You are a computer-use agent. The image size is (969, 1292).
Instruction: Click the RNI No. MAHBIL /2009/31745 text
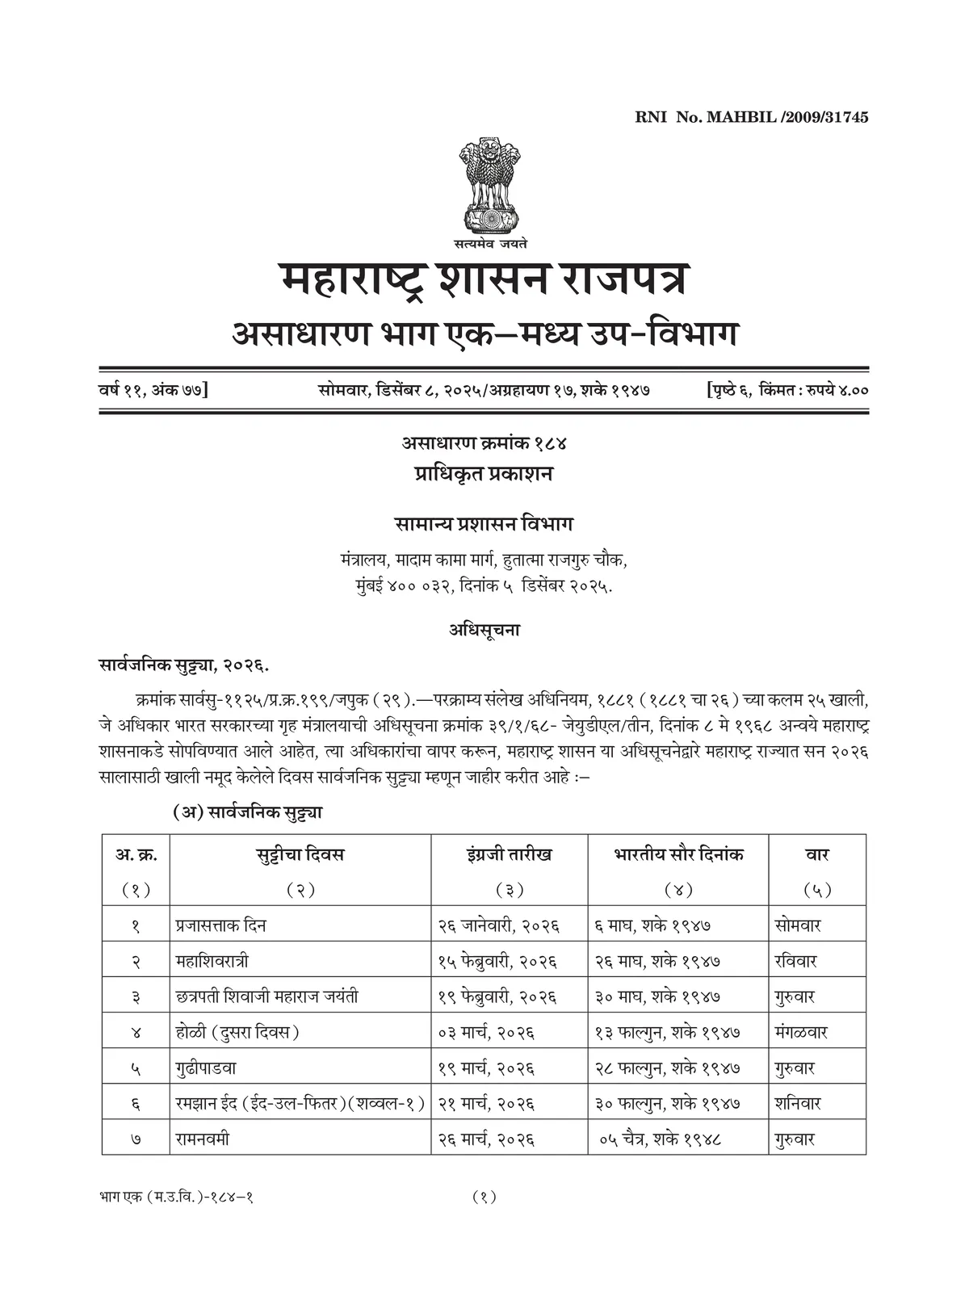751,118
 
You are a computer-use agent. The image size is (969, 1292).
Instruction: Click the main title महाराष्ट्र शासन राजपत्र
485,280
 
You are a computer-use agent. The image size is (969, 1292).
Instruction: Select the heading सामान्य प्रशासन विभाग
484,524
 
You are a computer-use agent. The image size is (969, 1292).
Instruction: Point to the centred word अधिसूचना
484,630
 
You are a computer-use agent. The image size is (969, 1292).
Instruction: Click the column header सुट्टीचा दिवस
300,854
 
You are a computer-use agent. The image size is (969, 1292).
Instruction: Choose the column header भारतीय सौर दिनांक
678,854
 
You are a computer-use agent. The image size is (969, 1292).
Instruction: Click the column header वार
817,854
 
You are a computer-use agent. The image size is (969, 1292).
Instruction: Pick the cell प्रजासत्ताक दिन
221,925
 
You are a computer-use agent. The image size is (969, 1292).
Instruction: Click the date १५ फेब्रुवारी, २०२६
499,962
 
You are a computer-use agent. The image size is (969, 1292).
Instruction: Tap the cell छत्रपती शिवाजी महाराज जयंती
267,996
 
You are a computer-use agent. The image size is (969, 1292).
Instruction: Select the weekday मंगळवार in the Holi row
800,1032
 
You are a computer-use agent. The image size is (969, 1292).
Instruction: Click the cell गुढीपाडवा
206,1068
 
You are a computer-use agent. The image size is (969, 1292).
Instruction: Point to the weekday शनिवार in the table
797,1103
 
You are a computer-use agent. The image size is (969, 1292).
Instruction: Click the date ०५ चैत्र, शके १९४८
660,1139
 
